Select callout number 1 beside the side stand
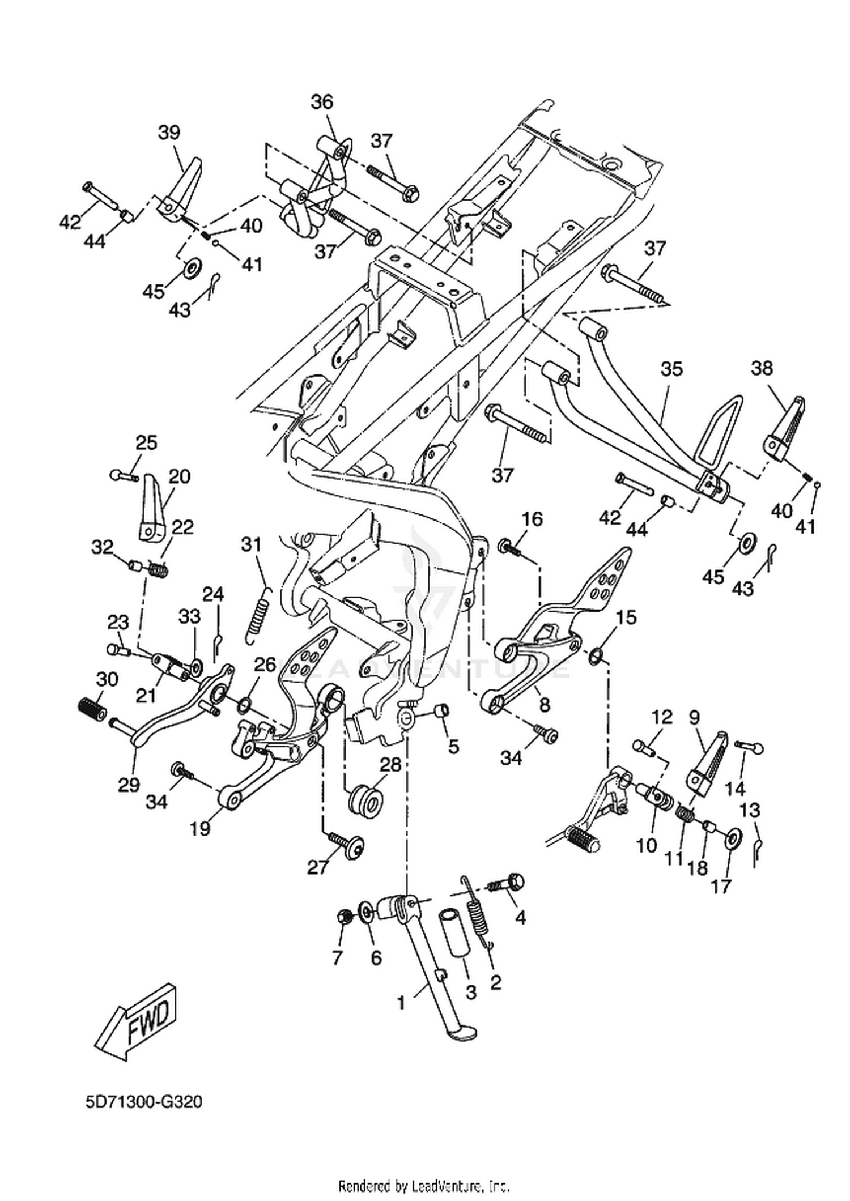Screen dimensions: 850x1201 coord(401,1003)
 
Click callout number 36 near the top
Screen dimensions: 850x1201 coord(322,103)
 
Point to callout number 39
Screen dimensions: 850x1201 coord(169,133)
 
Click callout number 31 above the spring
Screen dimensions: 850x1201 coord(252,545)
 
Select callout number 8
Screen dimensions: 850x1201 coord(545,705)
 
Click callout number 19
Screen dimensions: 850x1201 coord(200,828)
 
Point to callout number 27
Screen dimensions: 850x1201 coord(318,867)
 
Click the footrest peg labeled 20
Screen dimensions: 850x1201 coord(151,508)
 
